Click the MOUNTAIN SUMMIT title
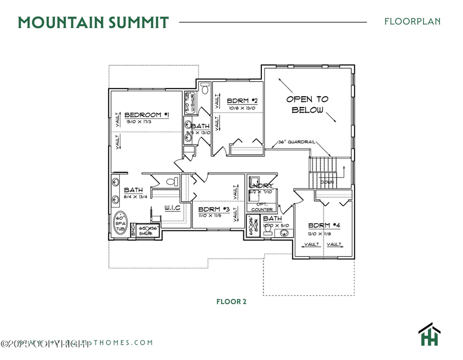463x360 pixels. [93, 23]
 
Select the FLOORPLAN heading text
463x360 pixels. [412, 22]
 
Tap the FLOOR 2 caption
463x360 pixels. [231, 301]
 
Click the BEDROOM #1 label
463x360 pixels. [147, 115]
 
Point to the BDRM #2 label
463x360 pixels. [242, 101]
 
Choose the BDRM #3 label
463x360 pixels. [213, 209]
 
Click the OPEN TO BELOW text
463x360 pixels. [307, 104]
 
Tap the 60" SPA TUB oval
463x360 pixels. [119, 223]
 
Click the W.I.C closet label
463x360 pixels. [172, 208]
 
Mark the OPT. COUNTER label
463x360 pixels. [262, 207]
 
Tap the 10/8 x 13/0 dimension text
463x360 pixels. [241, 108]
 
